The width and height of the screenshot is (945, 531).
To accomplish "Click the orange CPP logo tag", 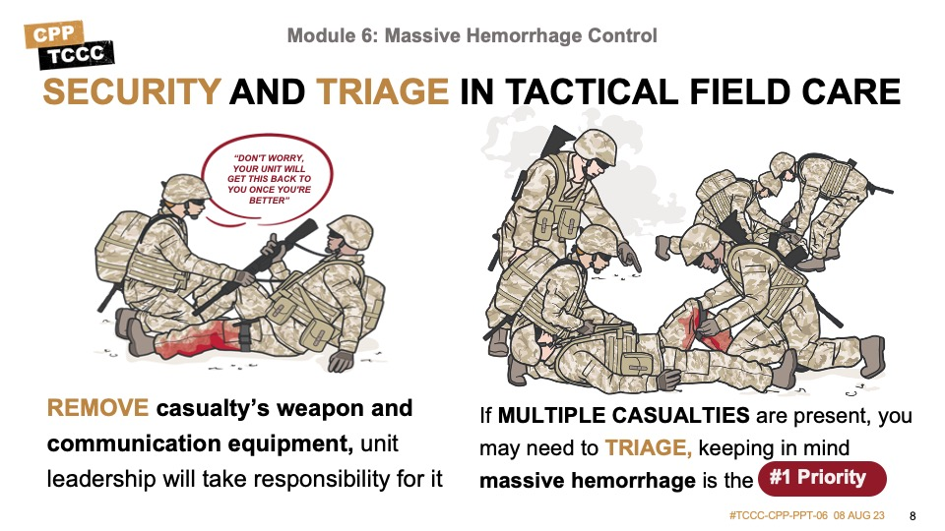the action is [x=53, y=34].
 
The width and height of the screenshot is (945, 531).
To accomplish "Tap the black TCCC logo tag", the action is [x=76, y=55].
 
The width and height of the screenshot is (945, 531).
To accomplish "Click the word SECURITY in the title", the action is [x=132, y=91].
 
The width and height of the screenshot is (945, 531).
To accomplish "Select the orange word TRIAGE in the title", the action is [x=382, y=91].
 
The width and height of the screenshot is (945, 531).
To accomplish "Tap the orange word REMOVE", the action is [x=97, y=408].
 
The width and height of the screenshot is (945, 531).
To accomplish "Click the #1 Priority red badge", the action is [x=822, y=478].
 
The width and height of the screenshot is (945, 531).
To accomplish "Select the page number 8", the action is [x=913, y=516].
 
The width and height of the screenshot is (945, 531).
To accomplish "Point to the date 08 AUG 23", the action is [x=858, y=516].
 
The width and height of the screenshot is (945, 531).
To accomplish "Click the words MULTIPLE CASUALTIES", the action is [x=624, y=415].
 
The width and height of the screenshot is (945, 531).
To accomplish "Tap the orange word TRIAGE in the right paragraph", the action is [x=649, y=448].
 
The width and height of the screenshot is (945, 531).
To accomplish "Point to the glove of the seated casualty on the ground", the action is [x=341, y=360].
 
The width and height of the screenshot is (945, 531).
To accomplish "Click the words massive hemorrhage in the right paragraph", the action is [x=588, y=481].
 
